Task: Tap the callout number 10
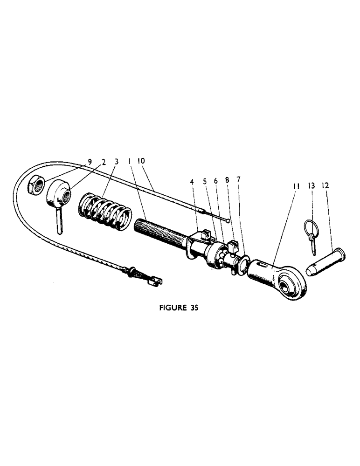[141, 161]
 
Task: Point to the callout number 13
[312, 185]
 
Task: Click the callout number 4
[193, 181]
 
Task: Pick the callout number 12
[326, 185]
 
